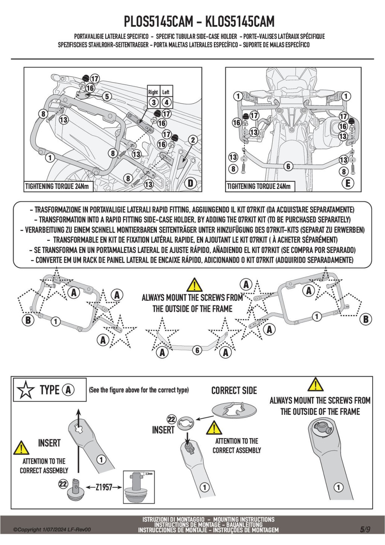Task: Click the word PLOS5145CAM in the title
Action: [x=158, y=21]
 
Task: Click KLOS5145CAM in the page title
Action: [x=240, y=21]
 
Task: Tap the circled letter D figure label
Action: [x=191, y=183]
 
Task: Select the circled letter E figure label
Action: [x=348, y=183]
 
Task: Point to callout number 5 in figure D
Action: [x=107, y=97]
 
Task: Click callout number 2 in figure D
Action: [x=193, y=140]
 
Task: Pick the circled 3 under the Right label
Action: [x=153, y=102]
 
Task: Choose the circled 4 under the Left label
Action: [x=166, y=102]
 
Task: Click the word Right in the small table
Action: [x=153, y=92]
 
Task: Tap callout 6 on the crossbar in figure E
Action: [x=288, y=166]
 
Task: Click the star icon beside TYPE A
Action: [x=26, y=390]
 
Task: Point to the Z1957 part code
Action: [x=104, y=487]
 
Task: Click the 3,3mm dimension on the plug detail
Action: [x=149, y=473]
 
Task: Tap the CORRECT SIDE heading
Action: [x=234, y=391]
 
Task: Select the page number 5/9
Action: [x=365, y=530]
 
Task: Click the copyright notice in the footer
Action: [x=52, y=530]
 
